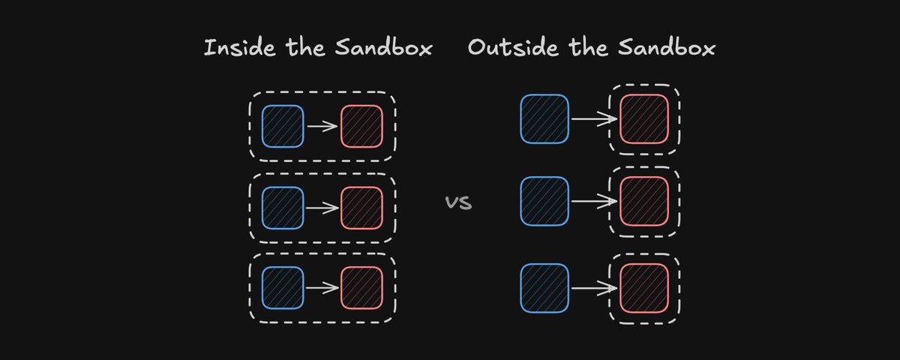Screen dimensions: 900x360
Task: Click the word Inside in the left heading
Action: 239,47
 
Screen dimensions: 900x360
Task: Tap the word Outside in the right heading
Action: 513,47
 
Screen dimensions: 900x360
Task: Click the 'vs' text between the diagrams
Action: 458,202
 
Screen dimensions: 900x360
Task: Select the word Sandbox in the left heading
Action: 384,47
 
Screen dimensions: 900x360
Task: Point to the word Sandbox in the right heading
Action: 667,47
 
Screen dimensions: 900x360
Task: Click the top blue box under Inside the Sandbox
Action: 283,126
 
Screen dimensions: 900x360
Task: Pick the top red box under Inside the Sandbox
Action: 361,126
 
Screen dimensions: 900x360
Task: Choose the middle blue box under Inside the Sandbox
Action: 283,208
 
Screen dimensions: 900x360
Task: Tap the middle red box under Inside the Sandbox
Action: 361,208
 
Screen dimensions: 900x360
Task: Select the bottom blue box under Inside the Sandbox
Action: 283,288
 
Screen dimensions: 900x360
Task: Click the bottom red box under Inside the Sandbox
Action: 361,288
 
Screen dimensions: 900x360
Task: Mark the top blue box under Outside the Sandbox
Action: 544,119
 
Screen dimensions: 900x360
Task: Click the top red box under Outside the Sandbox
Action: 644,119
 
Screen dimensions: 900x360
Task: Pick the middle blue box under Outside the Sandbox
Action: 544,201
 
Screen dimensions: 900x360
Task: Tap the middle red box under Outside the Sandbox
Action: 644,201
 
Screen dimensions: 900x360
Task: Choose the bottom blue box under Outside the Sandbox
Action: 544,288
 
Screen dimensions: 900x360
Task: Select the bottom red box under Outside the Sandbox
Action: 644,288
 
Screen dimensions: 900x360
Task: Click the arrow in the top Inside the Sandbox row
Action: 322,126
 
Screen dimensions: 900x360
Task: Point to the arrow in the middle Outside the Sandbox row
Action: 594,201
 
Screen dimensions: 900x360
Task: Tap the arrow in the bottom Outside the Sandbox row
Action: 594,288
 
